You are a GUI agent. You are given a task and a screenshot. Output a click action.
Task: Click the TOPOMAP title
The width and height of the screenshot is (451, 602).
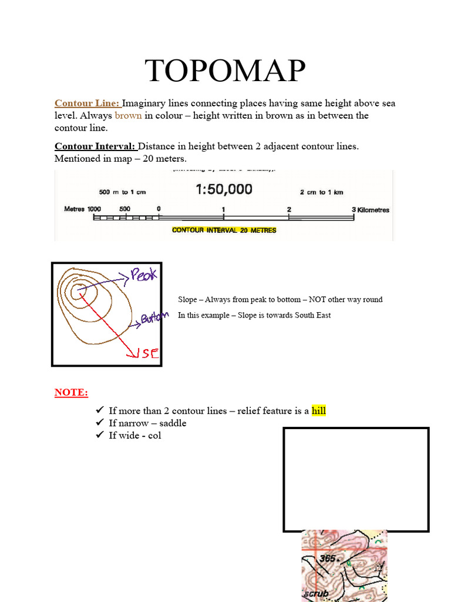pos(225,71)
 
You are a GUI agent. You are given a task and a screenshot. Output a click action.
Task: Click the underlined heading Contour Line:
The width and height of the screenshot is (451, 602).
pos(87,103)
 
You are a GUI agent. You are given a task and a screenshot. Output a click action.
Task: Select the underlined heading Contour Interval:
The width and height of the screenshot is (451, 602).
pos(95,146)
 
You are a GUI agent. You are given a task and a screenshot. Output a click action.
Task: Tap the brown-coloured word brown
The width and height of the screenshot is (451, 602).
pos(128,116)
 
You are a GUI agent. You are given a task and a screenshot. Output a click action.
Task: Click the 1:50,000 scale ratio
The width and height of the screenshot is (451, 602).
pos(224,189)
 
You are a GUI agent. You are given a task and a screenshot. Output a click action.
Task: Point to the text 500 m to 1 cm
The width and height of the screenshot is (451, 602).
pos(122,192)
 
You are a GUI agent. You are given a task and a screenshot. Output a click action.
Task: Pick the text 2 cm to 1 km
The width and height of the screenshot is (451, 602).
pos(321,192)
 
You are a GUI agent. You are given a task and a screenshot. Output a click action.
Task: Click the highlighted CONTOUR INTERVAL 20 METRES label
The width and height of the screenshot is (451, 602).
pos(224,230)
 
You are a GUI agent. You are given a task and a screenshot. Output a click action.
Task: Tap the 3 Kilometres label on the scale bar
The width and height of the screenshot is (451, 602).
pos(370,210)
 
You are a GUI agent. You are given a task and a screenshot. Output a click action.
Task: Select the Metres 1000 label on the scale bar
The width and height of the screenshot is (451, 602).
pos(82,209)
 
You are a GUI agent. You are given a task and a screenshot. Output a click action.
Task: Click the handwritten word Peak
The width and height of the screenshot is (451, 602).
pos(144,275)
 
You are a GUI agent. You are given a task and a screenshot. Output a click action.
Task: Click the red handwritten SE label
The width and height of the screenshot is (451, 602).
pos(147,354)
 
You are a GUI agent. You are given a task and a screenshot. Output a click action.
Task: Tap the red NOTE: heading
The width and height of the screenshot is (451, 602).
pos(71,392)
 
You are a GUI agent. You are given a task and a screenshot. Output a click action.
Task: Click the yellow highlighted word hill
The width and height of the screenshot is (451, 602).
pos(318,411)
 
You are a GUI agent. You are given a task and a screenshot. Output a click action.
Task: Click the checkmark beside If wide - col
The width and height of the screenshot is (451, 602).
pos(99,436)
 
